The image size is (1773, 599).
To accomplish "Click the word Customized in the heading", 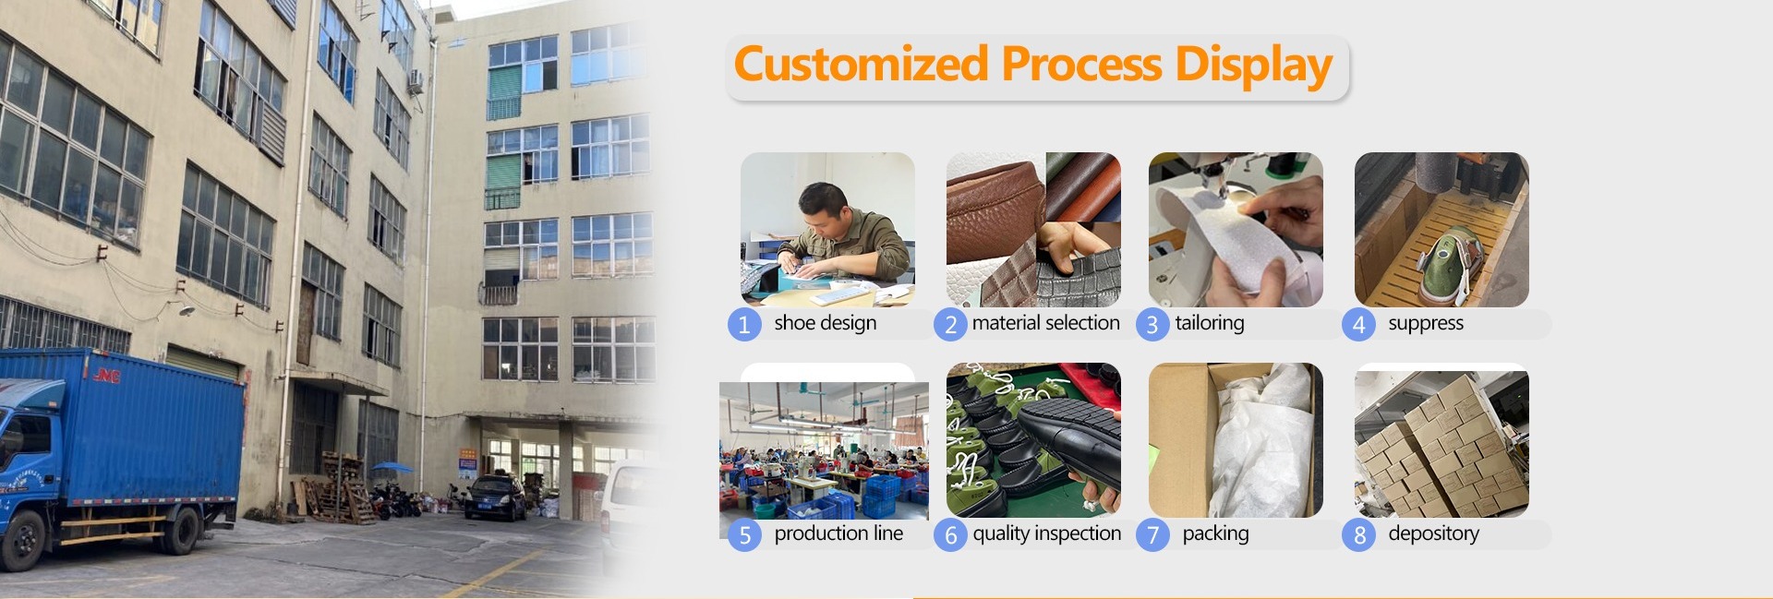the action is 861,65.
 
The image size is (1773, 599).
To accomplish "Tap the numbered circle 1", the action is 744,325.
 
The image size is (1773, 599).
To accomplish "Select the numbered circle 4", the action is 1358,325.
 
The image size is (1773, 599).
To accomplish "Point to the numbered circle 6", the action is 950,535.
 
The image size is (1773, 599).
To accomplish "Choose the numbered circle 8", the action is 1358,535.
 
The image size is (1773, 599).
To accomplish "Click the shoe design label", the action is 826,323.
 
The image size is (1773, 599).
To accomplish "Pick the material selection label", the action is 1045,323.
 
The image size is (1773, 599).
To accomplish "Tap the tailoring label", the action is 1210,323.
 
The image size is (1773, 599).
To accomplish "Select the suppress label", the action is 1426,324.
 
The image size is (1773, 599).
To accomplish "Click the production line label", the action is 838,533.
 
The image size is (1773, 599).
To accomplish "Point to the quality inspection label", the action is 1046,533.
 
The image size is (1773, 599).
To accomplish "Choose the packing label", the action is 1215,533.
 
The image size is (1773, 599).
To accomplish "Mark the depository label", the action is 1433,533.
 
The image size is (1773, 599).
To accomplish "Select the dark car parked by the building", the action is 495,497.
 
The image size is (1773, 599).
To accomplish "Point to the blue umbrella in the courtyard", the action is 392,468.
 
